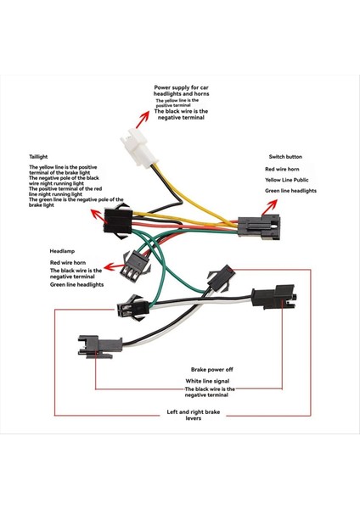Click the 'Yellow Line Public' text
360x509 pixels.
291,180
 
